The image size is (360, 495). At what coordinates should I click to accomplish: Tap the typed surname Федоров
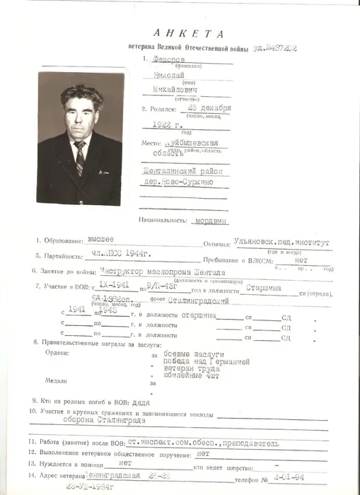pyautogui.click(x=170, y=61)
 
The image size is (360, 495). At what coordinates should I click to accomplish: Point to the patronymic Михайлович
pyautogui.click(x=175, y=92)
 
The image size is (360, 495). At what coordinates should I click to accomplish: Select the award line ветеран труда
pyautogui.click(x=191, y=368)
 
